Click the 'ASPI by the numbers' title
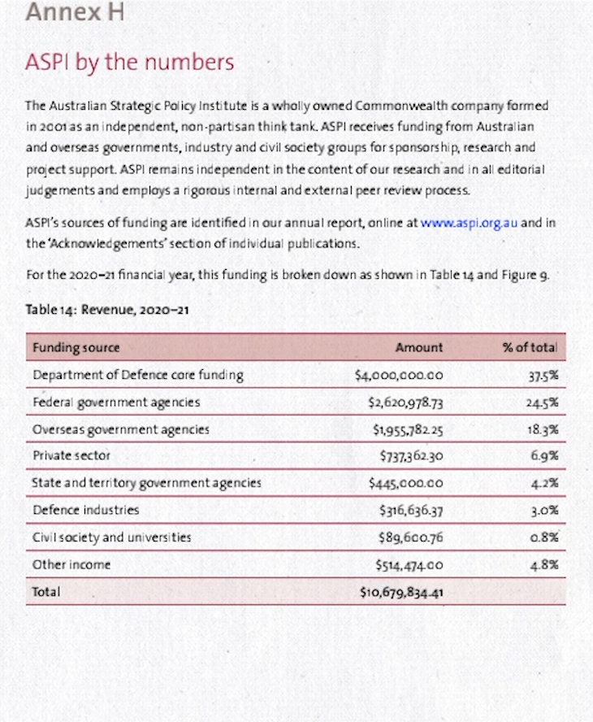tap(130, 63)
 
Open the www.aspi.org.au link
tap(469, 223)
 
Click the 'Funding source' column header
tap(76, 347)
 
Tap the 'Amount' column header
tap(419, 347)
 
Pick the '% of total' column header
tap(530, 347)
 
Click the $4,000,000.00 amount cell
tap(399, 375)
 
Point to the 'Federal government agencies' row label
tap(115, 402)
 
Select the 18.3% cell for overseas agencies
tap(543, 429)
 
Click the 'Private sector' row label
tap(71, 455)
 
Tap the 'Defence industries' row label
tap(85, 510)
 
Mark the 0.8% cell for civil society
tap(543, 537)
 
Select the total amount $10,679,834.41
tap(400, 592)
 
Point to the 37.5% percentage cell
tap(543, 375)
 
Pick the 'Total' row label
tap(45, 592)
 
